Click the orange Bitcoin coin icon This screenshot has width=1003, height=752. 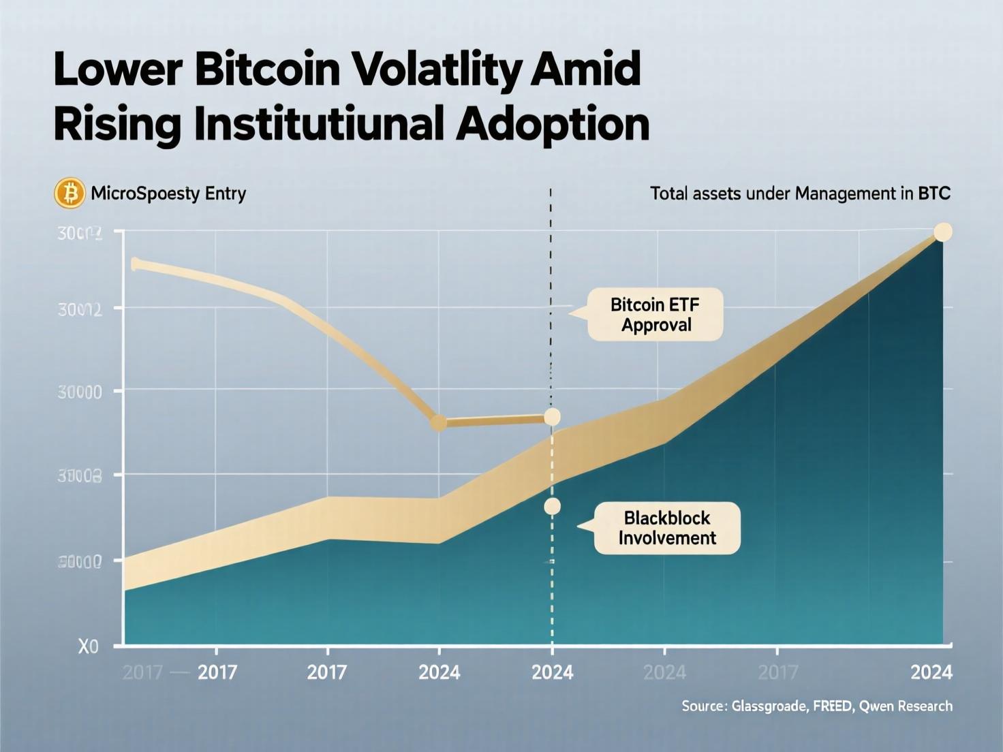coord(70,193)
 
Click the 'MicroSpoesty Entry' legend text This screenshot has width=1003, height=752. coord(168,193)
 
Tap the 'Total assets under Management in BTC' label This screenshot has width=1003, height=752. coord(800,193)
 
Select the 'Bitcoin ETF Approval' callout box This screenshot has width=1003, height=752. coord(655,314)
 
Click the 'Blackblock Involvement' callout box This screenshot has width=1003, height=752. coord(667,528)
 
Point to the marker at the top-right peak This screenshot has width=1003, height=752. coord(942,232)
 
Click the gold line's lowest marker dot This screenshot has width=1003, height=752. coord(439,423)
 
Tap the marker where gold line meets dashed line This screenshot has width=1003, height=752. coord(552,417)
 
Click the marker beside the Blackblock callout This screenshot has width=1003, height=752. coord(552,506)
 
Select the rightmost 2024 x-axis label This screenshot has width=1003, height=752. coord(931,672)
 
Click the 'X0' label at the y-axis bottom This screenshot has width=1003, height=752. coord(89,646)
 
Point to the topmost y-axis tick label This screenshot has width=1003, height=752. coord(80,234)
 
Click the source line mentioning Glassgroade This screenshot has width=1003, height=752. coord(816,706)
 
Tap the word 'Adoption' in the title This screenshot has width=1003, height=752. coord(552,124)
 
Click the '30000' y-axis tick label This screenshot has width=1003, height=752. coord(80,392)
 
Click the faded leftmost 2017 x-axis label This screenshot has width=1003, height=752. coord(142,672)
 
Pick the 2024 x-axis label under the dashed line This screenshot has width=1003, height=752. coord(552,672)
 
